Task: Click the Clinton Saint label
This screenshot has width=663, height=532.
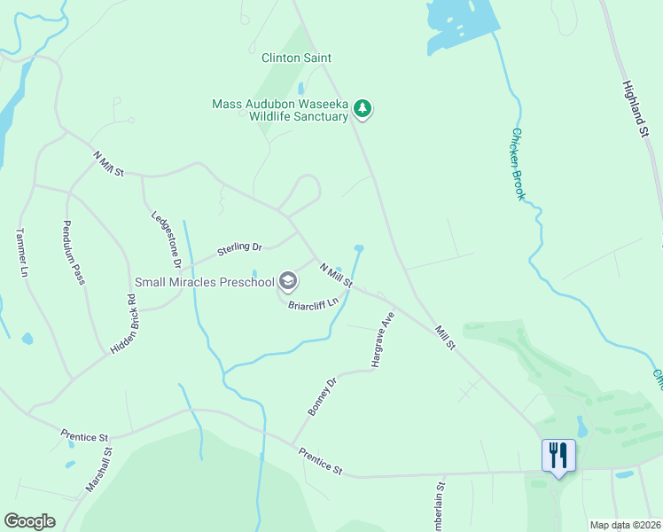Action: (x=296, y=59)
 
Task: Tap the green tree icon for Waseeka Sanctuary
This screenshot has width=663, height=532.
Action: (x=363, y=109)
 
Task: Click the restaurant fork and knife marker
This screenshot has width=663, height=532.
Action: (x=558, y=456)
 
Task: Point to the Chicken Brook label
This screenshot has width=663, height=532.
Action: (x=518, y=164)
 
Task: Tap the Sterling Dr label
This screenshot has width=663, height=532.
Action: (x=240, y=250)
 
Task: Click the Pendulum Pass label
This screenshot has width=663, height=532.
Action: (x=74, y=253)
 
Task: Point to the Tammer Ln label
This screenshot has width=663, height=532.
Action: (x=22, y=254)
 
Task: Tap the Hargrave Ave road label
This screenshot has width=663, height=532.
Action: (x=382, y=340)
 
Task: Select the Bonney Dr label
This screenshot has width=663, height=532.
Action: (x=324, y=396)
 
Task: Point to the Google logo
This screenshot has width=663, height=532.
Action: (x=29, y=521)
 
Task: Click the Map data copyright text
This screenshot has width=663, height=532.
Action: (x=625, y=525)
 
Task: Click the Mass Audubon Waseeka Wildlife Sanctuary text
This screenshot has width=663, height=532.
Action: (x=280, y=110)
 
